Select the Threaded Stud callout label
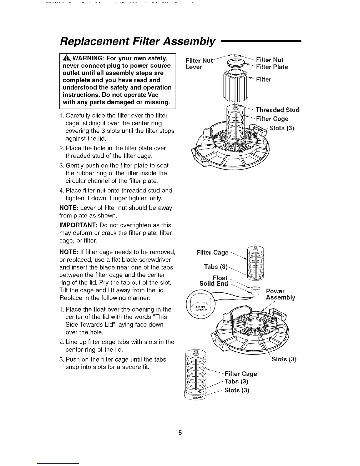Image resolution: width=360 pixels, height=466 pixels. point(277,110)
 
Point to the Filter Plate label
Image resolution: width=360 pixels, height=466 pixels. point(272,67)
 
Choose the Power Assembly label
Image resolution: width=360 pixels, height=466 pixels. point(280,294)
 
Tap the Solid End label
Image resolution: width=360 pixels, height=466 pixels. point(214,284)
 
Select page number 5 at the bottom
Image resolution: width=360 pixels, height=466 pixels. point(180,433)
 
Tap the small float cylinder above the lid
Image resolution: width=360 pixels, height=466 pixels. point(256,291)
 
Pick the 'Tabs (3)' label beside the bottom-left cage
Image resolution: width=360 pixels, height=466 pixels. point(236,382)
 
